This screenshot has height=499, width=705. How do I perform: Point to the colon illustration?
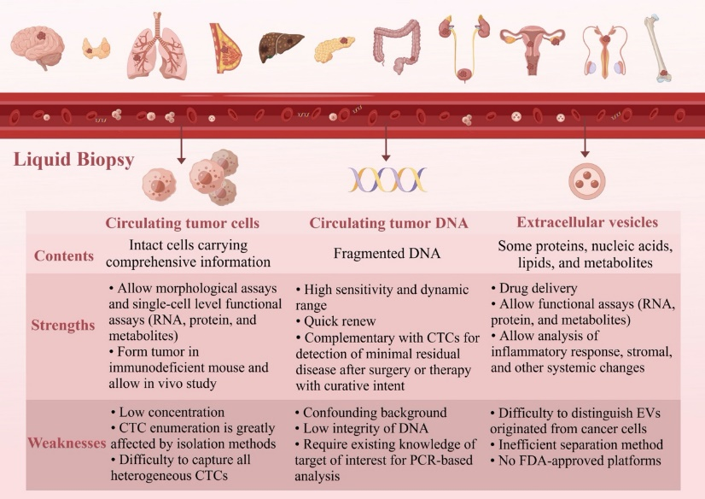pos(397,46)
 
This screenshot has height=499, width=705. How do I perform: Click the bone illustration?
pos(658,48)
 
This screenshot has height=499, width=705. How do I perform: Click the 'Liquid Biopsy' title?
pos(73,160)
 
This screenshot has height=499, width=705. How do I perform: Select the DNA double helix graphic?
pos(387,179)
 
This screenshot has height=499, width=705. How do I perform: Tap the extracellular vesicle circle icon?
pos(586,180)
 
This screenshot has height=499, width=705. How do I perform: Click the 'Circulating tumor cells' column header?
pos(183,223)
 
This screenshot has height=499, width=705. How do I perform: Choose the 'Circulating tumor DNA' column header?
pos(388,223)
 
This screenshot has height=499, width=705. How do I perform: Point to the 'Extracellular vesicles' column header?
pos(587,222)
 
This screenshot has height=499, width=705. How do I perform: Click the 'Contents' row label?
pos(64,255)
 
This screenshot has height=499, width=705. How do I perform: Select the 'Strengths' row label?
pos(63,326)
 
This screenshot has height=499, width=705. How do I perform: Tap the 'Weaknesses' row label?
pos(67,443)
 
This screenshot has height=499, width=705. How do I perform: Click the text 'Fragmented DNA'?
pos(387,253)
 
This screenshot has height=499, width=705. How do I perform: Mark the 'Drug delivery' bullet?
pos(534,288)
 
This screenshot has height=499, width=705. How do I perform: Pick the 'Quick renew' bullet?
pos(335,321)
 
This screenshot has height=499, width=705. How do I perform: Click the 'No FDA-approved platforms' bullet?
pos(576,461)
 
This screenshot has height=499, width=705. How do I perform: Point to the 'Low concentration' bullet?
pos(167,412)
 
